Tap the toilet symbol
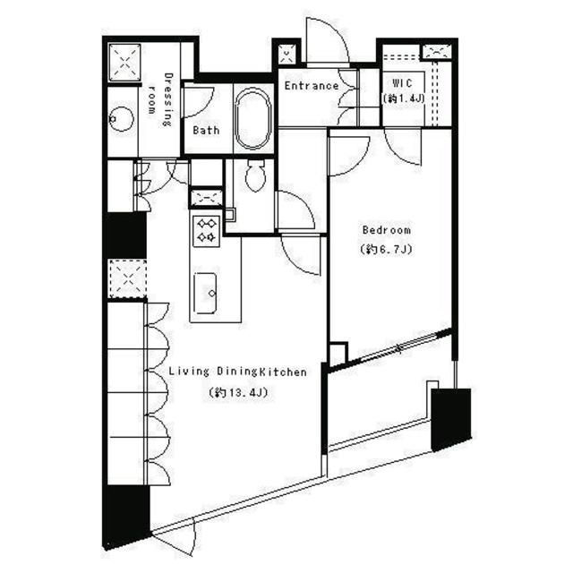pos(255,175)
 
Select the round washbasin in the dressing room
pos(122,119)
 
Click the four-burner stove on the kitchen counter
pos(206,231)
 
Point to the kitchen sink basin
pos(205,293)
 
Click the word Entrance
pos(312,86)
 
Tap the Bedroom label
pos(386,230)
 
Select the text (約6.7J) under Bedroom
pos(386,249)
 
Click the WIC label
pos(402,83)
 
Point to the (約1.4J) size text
pos(403,98)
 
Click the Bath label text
pos(206,130)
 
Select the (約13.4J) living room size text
pos(238,392)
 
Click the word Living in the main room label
pos(189,372)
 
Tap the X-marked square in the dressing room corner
pos(124,63)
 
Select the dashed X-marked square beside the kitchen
pos(127,278)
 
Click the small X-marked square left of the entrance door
pos(286,54)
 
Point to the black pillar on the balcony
pos(451,420)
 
